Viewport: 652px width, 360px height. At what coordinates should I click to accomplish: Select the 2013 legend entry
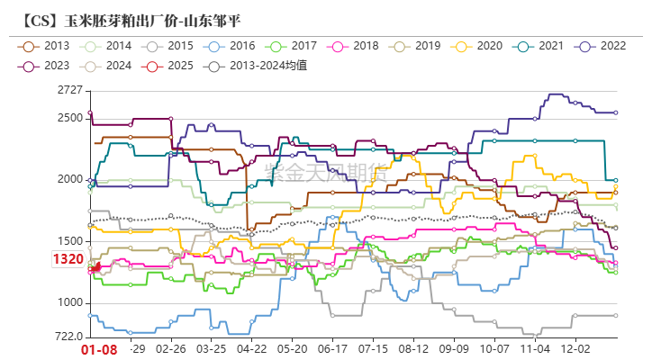[x=46, y=45]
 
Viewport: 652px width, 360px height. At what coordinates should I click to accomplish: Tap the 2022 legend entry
[x=602, y=45]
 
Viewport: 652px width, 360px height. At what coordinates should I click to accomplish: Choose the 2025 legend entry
[x=169, y=66]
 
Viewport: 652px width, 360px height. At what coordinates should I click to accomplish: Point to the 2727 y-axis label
[x=68, y=90]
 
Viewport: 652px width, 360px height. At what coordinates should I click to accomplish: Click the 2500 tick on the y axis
[x=68, y=118]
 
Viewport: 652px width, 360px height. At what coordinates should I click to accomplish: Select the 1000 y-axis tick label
[x=68, y=303]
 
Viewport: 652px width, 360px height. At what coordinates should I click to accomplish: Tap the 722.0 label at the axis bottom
[x=67, y=337]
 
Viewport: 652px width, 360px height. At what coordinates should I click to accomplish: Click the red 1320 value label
[x=68, y=259]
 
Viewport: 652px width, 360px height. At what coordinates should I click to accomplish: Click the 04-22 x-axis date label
[x=251, y=348]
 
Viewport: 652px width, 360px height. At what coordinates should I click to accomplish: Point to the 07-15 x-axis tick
[x=373, y=348]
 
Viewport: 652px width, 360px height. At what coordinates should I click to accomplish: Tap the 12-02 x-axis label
[x=576, y=348]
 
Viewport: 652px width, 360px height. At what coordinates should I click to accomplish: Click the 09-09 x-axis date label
[x=454, y=348]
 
